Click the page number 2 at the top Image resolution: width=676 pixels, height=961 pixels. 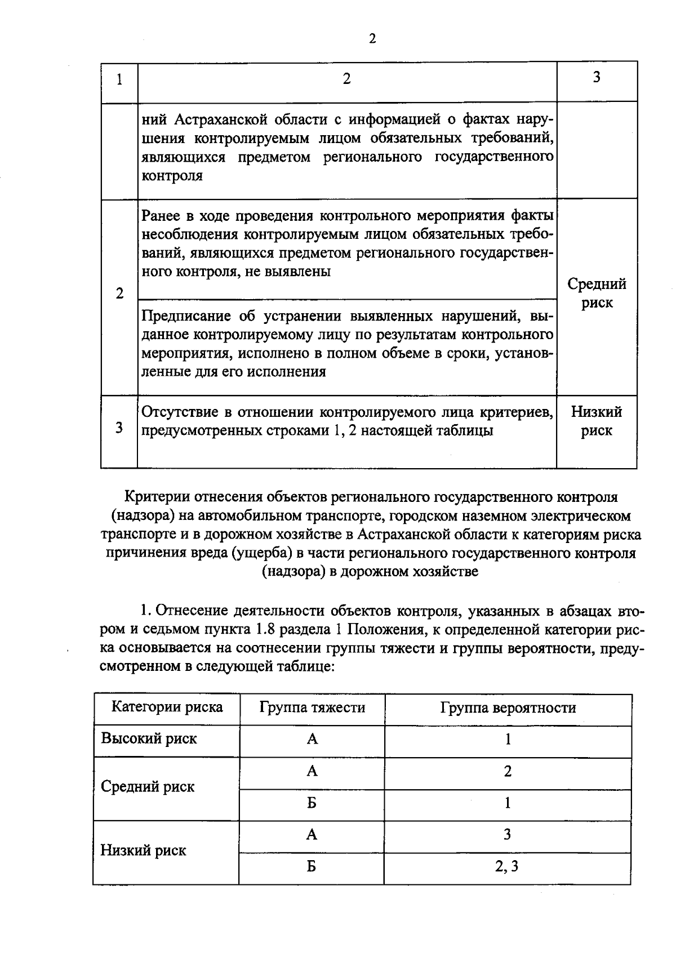click(x=372, y=38)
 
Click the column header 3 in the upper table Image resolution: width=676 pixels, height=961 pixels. click(x=597, y=77)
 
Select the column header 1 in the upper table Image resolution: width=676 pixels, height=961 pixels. click(x=119, y=79)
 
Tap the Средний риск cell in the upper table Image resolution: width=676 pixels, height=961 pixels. click(x=597, y=293)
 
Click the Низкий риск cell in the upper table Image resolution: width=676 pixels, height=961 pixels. click(x=597, y=421)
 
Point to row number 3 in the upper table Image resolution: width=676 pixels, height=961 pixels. click(x=119, y=428)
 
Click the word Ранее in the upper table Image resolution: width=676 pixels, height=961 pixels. click(x=162, y=216)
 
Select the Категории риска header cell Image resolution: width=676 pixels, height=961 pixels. click(x=167, y=707)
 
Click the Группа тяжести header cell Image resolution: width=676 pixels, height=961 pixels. click(x=312, y=707)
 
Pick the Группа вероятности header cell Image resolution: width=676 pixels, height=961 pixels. click(x=508, y=708)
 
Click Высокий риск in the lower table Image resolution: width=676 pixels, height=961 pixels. click(x=149, y=738)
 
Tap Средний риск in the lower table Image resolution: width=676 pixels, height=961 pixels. click(x=148, y=786)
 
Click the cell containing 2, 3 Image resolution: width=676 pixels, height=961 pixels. click(x=507, y=866)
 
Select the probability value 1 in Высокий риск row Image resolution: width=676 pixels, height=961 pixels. click(x=508, y=739)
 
